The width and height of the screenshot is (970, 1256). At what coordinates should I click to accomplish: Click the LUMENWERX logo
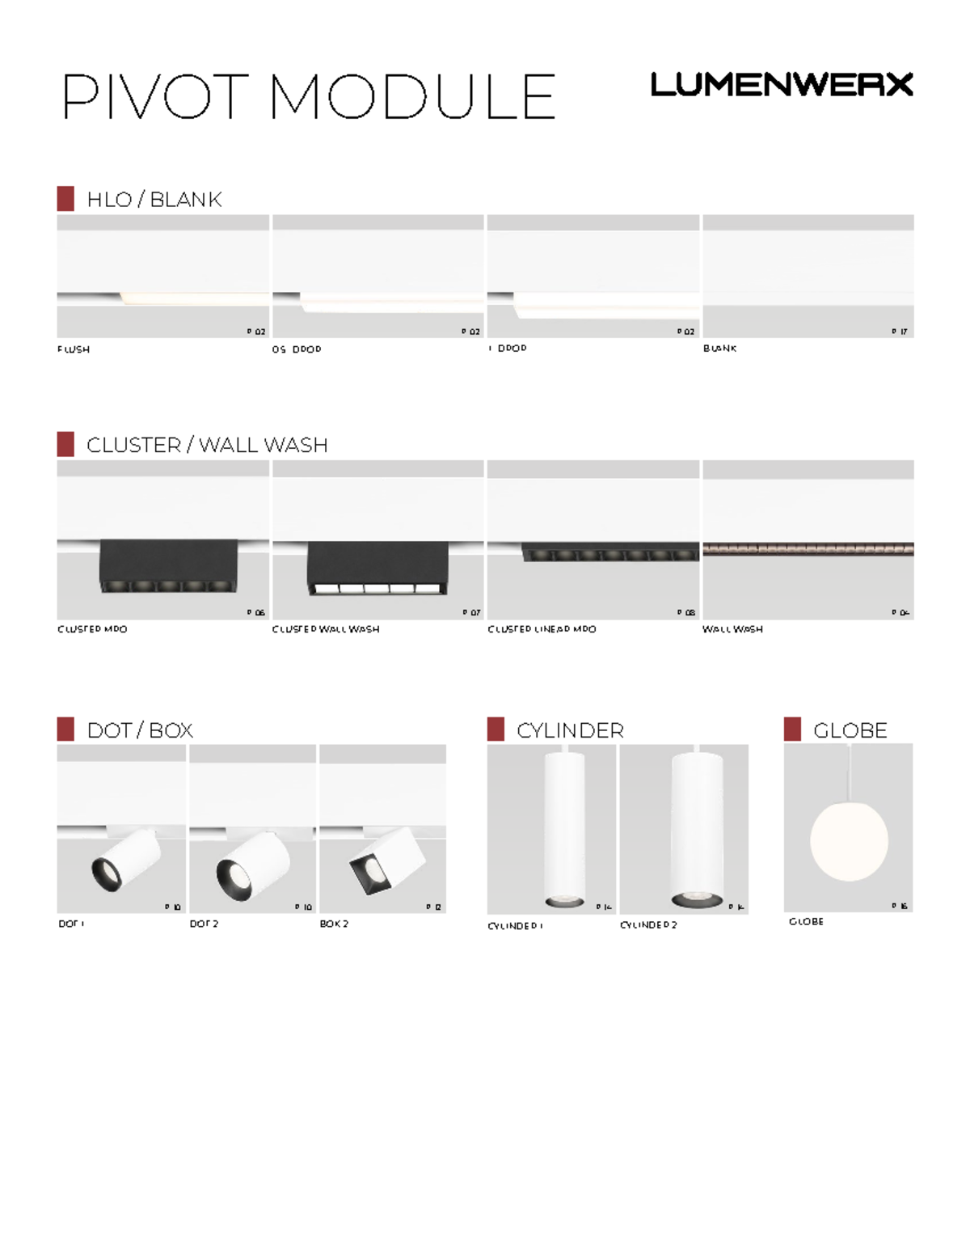tap(781, 84)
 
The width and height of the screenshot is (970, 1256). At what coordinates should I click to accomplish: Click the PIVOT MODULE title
tap(308, 97)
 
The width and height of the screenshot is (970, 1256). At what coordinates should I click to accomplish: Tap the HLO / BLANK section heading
tap(154, 199)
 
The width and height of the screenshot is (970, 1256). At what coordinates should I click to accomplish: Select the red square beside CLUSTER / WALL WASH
tap(65, 444)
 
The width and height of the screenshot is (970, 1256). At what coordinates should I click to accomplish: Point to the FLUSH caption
tap(74, 349)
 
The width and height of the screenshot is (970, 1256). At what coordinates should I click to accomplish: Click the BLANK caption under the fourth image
tap(719, 349)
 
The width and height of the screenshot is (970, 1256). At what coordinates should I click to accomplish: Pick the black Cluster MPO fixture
tap(168, 566)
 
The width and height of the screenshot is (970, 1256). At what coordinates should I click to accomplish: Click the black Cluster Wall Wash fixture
tap(377, 568)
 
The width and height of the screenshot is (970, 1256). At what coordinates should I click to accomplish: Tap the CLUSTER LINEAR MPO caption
tap(542, 629)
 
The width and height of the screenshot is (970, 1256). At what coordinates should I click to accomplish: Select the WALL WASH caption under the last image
tap(732, 629)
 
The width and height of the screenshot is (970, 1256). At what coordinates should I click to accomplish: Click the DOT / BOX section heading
tap(140, 730)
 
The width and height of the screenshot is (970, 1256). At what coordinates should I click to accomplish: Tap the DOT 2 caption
tap(204, 924)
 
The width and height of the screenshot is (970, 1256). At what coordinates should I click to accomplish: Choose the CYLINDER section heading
tap(570, 730)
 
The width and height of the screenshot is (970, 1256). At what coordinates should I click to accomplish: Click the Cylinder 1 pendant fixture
tap(563, 829)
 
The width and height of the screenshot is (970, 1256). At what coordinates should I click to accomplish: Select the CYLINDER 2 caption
tap(648, 925)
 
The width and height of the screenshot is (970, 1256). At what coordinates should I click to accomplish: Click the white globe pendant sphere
tap(849, 841)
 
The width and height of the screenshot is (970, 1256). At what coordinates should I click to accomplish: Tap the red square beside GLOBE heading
tap(792, 729)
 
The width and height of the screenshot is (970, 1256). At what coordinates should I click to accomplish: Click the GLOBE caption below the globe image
tap(806, 921)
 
